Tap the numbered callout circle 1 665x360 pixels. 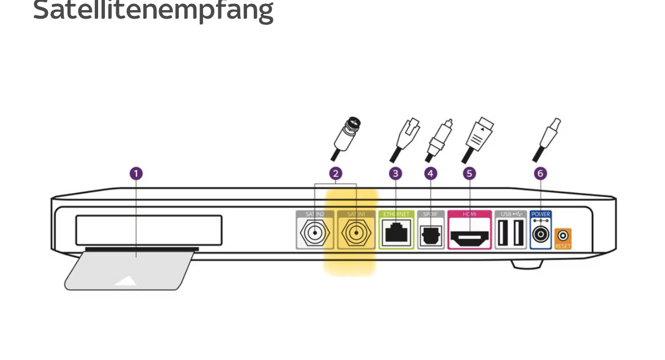[136, 173]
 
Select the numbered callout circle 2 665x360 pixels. [336, 173]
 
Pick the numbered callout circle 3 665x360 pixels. [395, 173]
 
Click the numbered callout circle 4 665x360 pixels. [431, 173]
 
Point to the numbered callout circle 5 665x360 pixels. [469, 173]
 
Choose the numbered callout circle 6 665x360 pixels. [540, 173]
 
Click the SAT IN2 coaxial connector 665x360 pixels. [315, 234]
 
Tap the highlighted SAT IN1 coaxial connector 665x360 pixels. [356, 234]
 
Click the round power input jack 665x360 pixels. [540, 234]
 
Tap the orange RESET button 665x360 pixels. [562, 236]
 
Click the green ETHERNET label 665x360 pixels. [397, 214]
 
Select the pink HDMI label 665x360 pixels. [469, 214]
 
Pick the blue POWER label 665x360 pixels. [540, 214]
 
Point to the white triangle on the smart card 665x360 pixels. [125, 280]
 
